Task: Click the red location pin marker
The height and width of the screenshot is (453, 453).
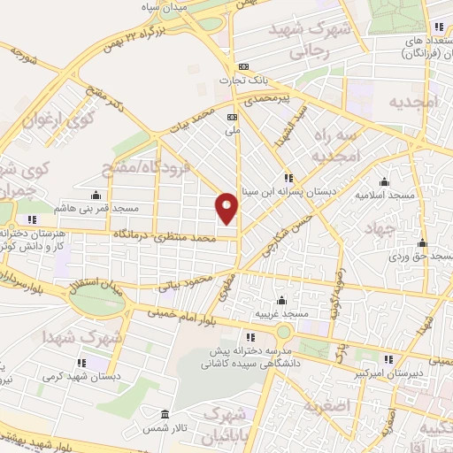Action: (x=227, y=207)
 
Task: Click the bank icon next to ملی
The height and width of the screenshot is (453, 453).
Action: (x=233, y=117)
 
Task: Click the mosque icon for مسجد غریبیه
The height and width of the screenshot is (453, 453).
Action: (x=282, y=301)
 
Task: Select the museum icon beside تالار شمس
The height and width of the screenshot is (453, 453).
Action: (x=165, y=414)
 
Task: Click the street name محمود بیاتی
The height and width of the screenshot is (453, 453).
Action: (x=188, y=280)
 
